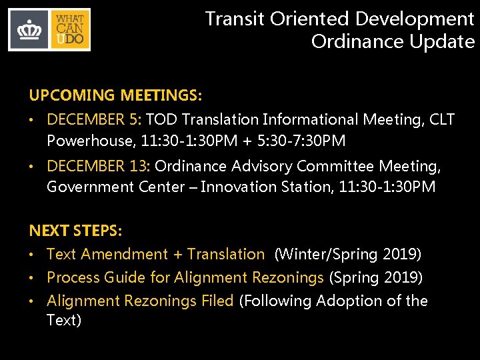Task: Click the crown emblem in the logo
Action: (29, 30)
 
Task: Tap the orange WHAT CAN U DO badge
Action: (69, 30)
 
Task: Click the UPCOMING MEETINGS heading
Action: (115, 97)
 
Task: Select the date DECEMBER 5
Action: (93, 120)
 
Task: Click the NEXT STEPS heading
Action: (75, 231)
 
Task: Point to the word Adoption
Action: (349, 301)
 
